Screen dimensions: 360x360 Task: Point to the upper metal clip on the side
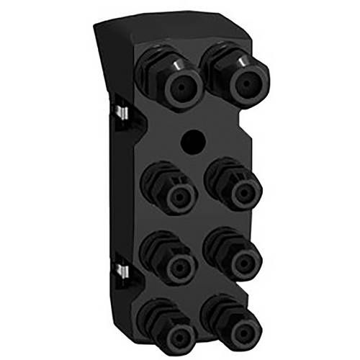[121, 113]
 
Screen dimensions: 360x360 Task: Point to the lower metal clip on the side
[121, 271]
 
